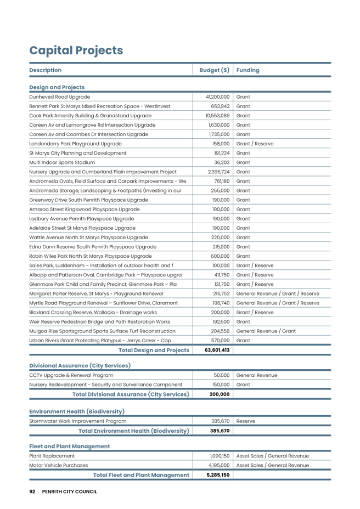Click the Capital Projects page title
[x=76, y=50]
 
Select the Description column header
[x=45, y=70]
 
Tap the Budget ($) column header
[x=213, y=70]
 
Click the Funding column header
[x=248, y=70]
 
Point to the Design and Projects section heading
[x=57, y=87]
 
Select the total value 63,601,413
[x=217, y=350]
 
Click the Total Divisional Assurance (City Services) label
[x=131, y=394]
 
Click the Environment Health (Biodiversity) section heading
[x=69, y=411]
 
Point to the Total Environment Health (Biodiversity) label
[x=134, y=431]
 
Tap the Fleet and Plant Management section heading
[x=69, y=446]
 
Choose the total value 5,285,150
[x=218, y=475]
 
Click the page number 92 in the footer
[x=32, y=491]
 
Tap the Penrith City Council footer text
[x=70, y=491]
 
